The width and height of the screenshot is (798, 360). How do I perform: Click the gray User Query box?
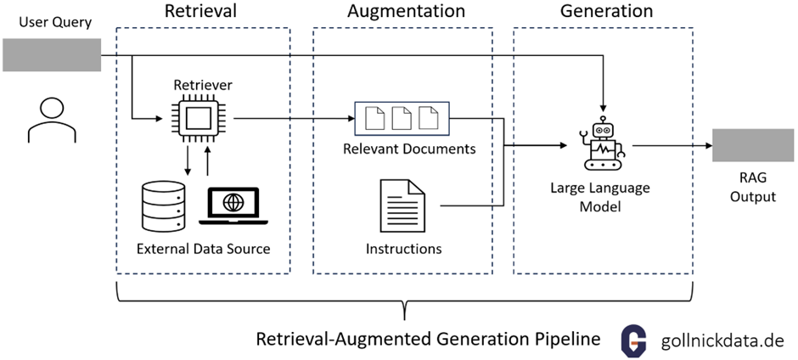click(51, 55)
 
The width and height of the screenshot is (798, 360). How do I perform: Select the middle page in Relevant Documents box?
click(402, 119)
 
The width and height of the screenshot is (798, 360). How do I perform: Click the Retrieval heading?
click(201, 12)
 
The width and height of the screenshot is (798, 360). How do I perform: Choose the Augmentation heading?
click(406, 12)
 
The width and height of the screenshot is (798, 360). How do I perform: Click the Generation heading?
click(606, 12)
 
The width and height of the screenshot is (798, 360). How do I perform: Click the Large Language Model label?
click(604, 198)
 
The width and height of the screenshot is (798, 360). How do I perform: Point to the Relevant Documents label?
click(402, 149)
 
